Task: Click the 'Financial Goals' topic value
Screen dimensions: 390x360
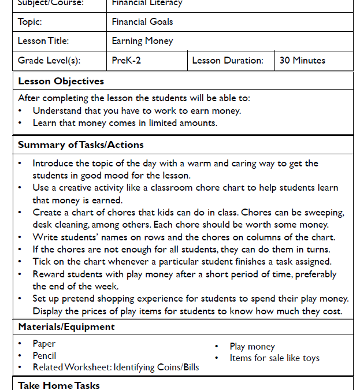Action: point(142,22)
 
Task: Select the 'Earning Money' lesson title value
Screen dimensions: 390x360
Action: point(142,41)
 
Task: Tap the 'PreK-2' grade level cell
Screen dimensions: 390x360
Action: point(126,60)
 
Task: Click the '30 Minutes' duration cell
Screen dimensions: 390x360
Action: point(302,60)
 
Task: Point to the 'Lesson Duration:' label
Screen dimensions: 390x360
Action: point(228,60)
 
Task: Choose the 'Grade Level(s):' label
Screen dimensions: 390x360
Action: point(49,60)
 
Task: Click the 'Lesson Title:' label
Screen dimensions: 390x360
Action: point(43,41)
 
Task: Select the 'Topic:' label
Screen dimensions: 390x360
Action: point(31,22)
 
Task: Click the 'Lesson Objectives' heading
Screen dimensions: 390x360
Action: point(61,81)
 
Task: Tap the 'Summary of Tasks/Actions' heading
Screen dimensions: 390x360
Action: point(80,144)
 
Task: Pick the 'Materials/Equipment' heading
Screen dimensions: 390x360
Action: point(66,326)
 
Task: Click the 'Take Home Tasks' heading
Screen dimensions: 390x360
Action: point(58,385)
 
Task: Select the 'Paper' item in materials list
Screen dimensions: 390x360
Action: point(44,343)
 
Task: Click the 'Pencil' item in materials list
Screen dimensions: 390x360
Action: point(44,355)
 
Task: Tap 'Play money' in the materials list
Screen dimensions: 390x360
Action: point(252,347)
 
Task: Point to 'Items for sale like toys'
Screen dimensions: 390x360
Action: point(274,358)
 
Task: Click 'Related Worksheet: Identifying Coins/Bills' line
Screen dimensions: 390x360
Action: point(116,367)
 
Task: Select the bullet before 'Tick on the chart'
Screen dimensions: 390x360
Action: point(20,262)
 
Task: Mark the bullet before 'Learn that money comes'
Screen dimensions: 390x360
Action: point(20,123)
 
